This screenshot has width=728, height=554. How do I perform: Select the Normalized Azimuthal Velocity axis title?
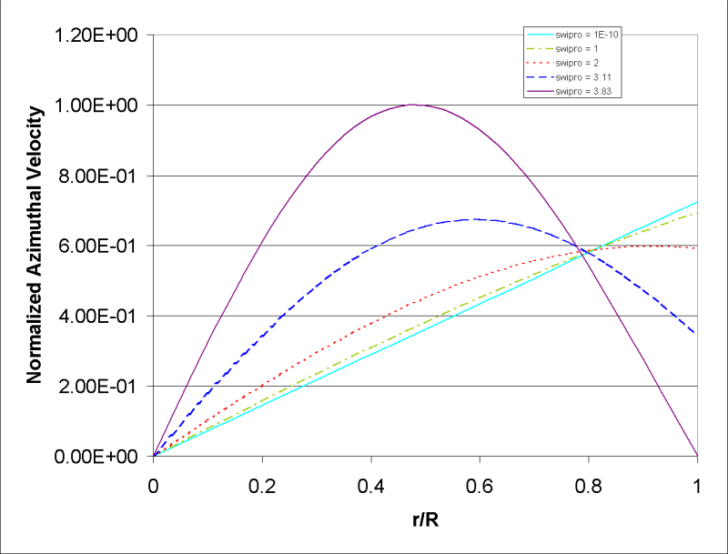point(34,245)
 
